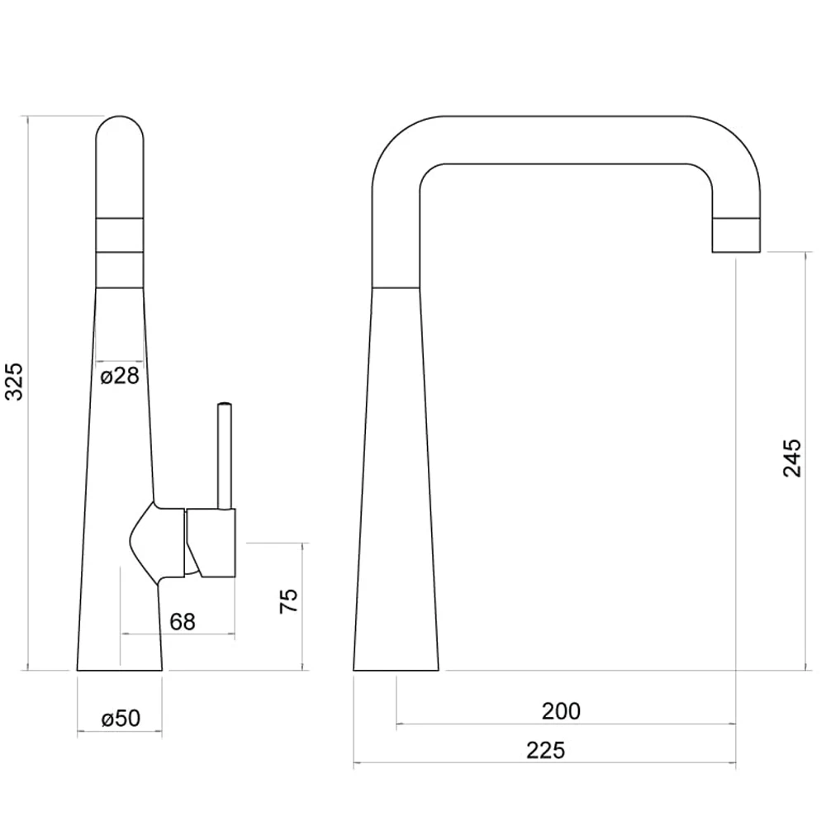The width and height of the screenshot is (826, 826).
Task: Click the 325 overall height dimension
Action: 14,381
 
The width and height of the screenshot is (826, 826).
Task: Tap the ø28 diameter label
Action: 120,377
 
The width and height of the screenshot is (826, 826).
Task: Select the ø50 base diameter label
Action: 121,718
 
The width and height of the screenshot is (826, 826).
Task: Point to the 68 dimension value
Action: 183,621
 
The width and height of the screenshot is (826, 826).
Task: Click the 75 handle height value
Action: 287,601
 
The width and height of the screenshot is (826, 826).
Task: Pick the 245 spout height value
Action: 791,458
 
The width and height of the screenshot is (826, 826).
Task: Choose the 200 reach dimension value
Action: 561,710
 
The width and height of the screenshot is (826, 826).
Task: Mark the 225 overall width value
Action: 545,750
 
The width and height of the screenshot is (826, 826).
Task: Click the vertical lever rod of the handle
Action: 224,454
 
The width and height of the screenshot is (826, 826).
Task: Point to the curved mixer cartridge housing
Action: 157,541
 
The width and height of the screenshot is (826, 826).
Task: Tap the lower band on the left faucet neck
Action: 120,268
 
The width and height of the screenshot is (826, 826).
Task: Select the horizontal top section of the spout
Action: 562,140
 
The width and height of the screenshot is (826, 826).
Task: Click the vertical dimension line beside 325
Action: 29,496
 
